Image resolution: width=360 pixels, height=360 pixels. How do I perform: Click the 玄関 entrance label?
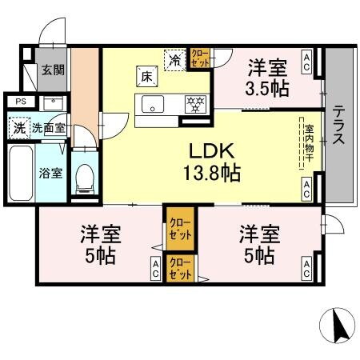(x=54, y=70)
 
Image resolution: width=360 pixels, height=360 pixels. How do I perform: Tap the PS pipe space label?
(x=20, y=102)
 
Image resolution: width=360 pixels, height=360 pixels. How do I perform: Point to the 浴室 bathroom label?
(x=51, y=173)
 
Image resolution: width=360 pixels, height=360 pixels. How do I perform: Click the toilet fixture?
(x=84, y=178)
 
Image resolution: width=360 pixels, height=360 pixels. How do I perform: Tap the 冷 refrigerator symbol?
(x=175, y=58)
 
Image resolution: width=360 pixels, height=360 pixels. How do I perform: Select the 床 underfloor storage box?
(x=147, y=77)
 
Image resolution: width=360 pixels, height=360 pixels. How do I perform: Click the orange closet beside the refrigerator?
(x=199, y=58)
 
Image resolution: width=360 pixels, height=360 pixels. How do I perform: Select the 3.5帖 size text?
(x=267, y=88)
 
